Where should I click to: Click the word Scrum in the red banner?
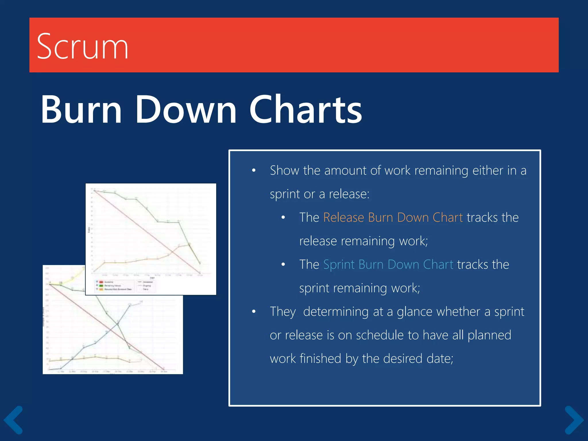(82, 47)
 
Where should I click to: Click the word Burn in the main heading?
(82, 110)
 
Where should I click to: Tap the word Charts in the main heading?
(305, 110)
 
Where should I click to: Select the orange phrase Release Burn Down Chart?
(393, 217)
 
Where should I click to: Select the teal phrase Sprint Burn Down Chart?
(388, 264)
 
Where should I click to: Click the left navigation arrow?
(13, 420)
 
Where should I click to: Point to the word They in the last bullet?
(283, 312)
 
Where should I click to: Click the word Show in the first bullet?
(284, 171)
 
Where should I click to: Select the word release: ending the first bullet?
(349, 194)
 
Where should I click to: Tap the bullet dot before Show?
(254, 171)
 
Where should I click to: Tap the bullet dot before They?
(254, 312)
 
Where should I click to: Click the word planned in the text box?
(489, 335)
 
